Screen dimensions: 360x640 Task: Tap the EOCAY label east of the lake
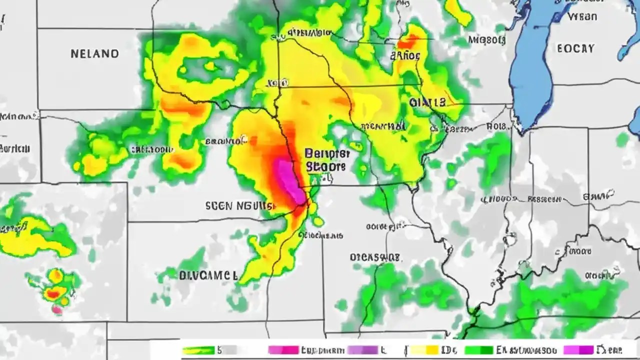(x=575, y=48)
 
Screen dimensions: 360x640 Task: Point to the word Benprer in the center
(x=325, y=153)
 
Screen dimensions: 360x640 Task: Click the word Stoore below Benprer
(x=325, y=166)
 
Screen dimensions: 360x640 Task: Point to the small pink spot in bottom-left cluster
(x=57, y=310)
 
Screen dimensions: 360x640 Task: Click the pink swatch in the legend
(x=283, y=350)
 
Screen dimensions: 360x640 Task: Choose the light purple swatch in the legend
(x=363, y=350)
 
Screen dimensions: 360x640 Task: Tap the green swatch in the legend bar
(x=479, y=350)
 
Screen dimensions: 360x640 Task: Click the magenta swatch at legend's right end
(x=578, y=350)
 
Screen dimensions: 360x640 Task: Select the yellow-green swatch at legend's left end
(x=198, y=350)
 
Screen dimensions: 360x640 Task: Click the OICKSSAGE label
(x=374, y=257)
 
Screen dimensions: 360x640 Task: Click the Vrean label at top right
(x=582, y=16)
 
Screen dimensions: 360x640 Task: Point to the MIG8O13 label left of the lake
(x=486, y=39)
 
